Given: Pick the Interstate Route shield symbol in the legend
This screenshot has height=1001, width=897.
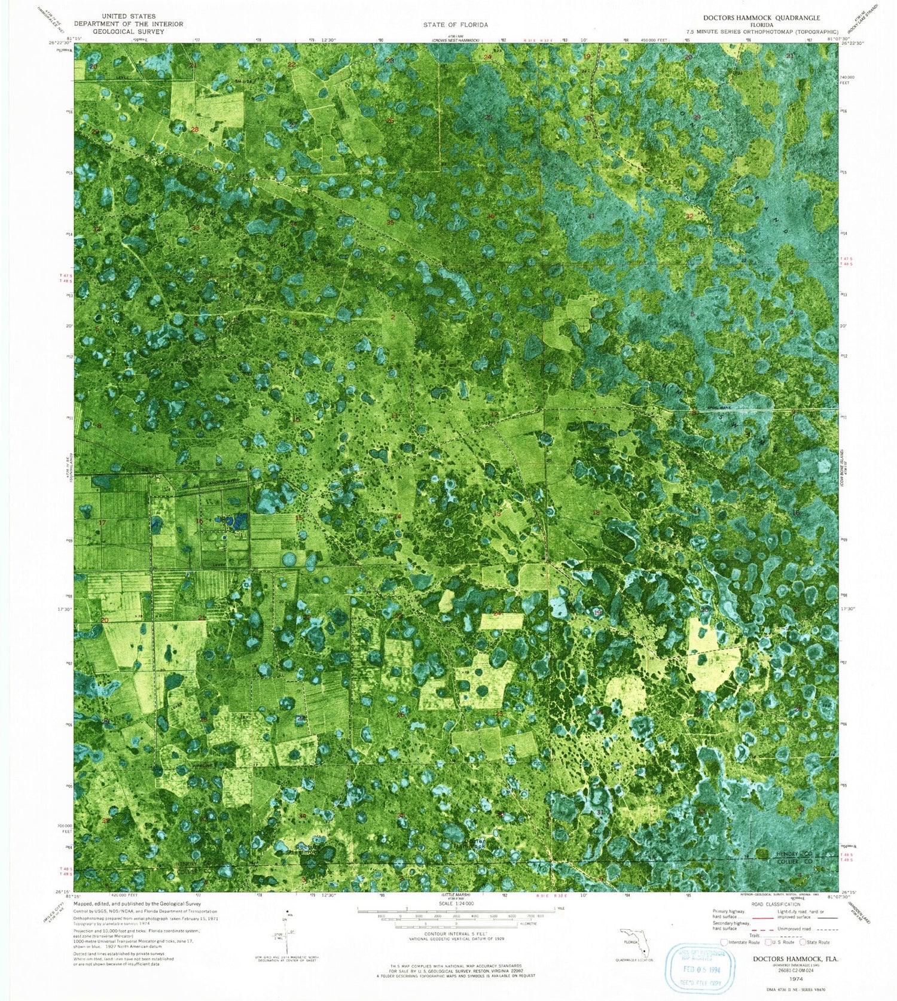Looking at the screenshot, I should point(725,942).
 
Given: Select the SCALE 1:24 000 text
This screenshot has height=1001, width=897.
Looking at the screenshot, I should point(456,903).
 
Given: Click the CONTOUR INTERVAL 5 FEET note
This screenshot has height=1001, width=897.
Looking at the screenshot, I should point(456,933).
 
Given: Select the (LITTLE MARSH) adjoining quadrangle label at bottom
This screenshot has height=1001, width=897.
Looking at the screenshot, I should point(456,895).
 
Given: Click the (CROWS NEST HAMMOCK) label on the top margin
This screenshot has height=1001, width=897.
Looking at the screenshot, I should point(456,41).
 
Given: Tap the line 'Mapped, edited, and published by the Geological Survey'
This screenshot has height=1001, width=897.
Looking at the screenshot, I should point(137,904).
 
